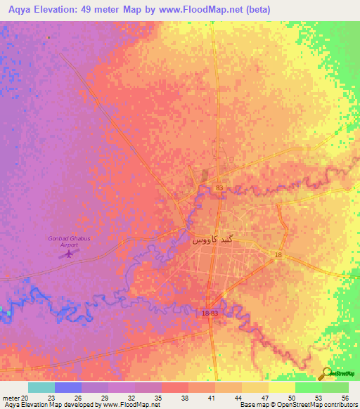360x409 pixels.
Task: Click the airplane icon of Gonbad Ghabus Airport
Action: point(68,253)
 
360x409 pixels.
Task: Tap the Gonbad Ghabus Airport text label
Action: point(68,242)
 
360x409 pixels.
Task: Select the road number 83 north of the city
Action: point(219,188)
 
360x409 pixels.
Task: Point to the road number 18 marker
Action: point(278,255)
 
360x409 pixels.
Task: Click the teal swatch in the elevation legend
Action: point(41,387)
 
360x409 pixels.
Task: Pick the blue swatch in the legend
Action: point(68,387)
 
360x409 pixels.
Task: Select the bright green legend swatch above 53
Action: point(309,387)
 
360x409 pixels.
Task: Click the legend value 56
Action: point(344,398)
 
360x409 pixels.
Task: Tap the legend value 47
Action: point(264,398)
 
